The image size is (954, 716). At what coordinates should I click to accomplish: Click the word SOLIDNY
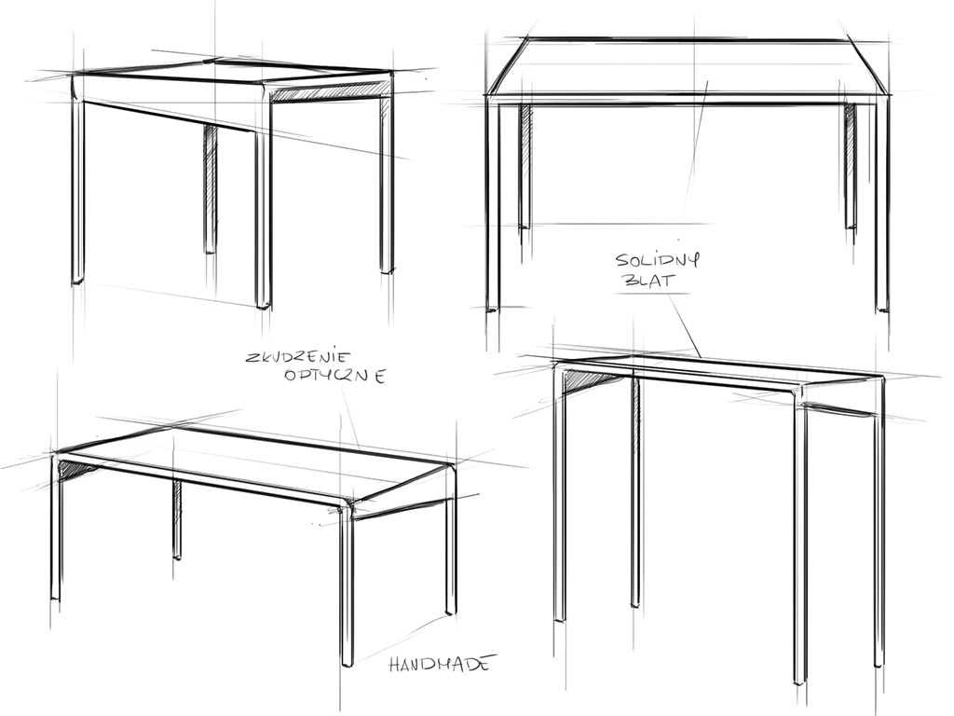pyautogui.click(x=658, y=260)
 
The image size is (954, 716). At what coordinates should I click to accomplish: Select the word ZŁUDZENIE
pyautogui.click(x=299, y=356)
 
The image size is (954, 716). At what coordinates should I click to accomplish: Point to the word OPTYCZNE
pyautogui.click(x=335, y=376)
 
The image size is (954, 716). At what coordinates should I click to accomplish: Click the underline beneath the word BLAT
pyautogui.click(x=652, y=294)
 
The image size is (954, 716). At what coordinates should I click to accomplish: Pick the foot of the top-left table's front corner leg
pyautogui.click(x=263, y=305)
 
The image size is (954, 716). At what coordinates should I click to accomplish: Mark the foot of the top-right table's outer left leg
pyautogui.click(x=493, y=309)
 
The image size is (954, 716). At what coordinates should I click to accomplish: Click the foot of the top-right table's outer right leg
pyautogui.click(x=881, y=309)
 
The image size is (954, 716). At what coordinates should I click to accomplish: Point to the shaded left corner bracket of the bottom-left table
pyautogui.click(x=75, y=468)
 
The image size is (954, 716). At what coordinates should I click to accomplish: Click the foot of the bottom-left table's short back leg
pyautogui.click(x=176, y=556)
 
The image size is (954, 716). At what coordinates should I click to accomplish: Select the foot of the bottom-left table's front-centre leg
pyautogui.click(x=347, y=663)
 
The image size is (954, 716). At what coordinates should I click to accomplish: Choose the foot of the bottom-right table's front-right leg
pyautogui.click(x=800, y=680)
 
